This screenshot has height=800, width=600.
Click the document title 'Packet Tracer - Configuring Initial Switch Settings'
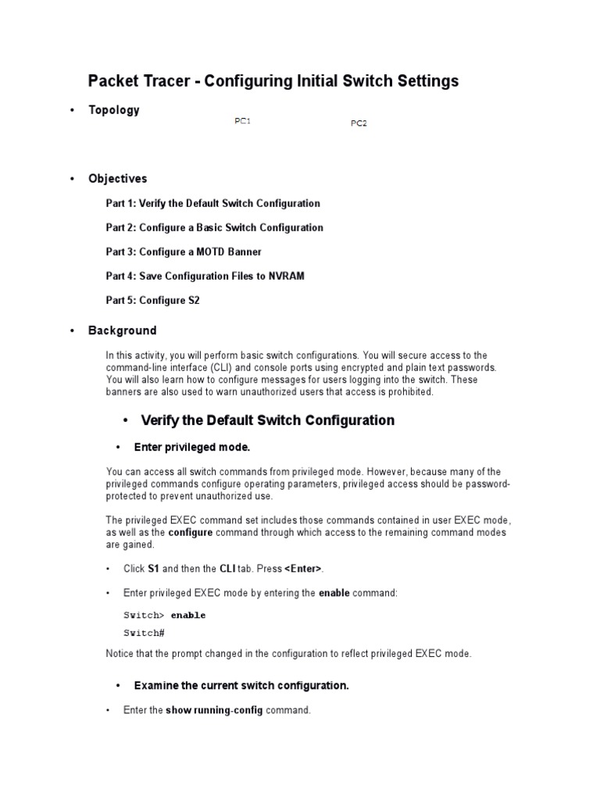(273, 80)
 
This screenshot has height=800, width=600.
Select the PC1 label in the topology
(242, 121)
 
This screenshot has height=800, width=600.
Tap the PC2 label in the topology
(359, 123)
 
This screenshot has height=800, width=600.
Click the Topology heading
(113, 110)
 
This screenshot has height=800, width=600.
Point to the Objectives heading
(117, 179)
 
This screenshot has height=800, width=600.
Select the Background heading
(122, 330)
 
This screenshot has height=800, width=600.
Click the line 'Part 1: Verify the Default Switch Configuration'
(212, 203)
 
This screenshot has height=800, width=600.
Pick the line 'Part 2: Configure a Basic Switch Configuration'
(214, 227)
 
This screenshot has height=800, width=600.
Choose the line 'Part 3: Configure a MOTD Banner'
(184, 252)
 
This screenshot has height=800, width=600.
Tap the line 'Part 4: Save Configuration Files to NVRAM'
(205, 276)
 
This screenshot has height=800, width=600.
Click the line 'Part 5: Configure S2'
(152, 300)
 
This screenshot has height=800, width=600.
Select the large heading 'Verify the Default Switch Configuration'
(267, 420)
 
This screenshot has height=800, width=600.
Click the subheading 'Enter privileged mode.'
(191, 448)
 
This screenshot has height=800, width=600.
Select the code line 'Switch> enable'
(165, 615)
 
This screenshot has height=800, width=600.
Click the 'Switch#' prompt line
(144, 632)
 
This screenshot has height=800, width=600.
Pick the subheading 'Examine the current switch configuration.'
(241, 686)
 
